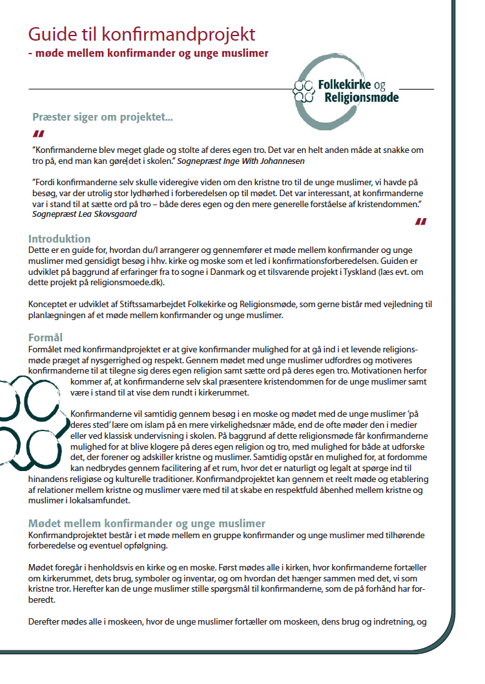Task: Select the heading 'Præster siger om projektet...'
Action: [103, 117]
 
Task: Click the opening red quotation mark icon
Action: [39, 134]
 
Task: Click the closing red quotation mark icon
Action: [420, 222]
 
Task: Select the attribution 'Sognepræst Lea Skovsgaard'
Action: [85, 214]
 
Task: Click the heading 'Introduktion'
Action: [59, 239]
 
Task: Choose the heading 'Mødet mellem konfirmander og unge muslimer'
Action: [147, 523]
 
